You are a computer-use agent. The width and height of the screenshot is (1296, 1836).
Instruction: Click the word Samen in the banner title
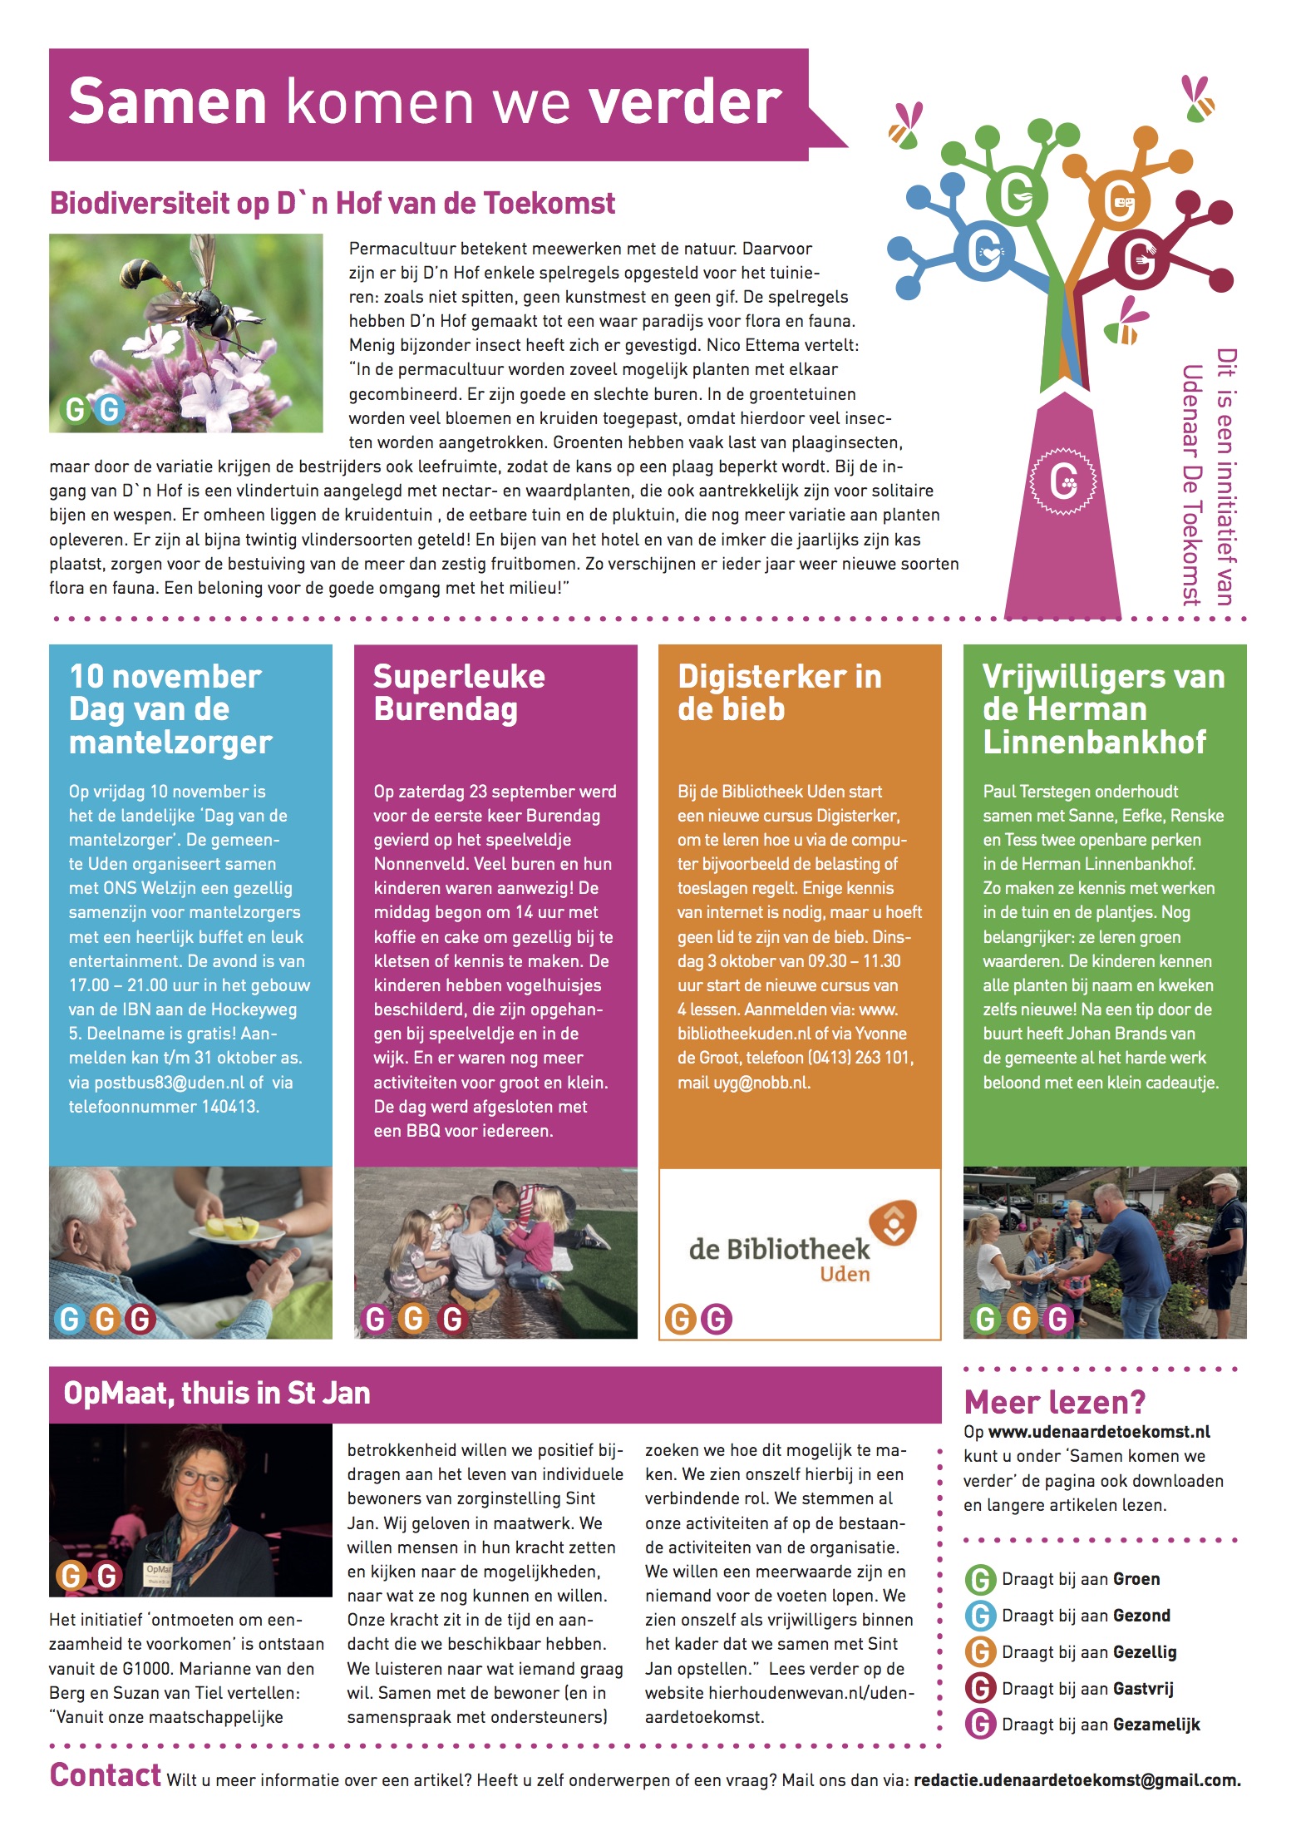(x=167, y=102)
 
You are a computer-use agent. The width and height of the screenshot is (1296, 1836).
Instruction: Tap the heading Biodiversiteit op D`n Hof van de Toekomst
(x=333, y=204)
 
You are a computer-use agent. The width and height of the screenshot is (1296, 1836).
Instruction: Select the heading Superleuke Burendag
(x=459, y=693)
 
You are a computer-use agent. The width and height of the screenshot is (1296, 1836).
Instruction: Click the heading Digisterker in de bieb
(x=779, y=693)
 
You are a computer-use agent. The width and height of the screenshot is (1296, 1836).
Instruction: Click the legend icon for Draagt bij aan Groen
(x=981, y=1579)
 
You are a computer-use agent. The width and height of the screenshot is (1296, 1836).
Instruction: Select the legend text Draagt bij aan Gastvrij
(x=1087, y=1689)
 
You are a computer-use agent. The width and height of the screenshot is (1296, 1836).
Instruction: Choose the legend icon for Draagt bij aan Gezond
(x=981, y=1616)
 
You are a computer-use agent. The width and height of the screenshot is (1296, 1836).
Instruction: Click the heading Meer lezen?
(x=1054, y=1403)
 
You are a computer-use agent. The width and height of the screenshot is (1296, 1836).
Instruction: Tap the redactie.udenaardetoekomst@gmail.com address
(x=1077, y=1780)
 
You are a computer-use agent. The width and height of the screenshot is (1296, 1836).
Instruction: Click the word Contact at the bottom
(x=105, y=1775)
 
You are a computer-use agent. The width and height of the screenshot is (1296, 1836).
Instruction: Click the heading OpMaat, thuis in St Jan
(x=217, y=1394)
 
